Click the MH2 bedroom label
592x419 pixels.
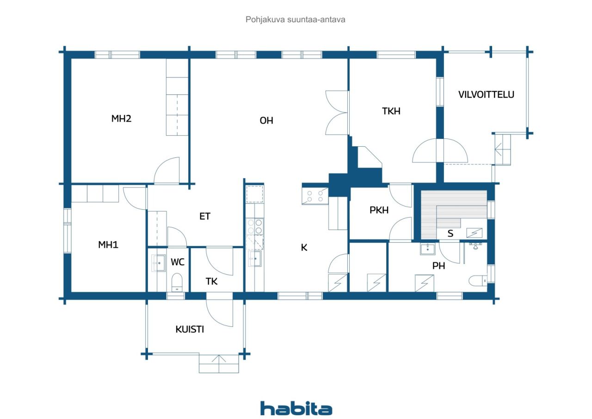[121, 118]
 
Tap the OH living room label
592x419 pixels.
[266, 121]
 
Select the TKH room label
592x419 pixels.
[391, 111]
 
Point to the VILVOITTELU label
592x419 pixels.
[486, 94]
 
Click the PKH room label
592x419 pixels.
[379, 210]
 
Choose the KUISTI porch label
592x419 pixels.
[190, 329]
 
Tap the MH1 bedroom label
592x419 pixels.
[108, 244]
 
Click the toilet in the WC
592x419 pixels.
[177, 282]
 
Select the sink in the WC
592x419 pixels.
[158, 263]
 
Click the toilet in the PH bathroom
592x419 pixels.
[478, 281]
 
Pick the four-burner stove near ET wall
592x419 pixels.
[255, 226]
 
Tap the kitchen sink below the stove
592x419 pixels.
[255, 258]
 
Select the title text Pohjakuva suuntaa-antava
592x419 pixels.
[295, 19]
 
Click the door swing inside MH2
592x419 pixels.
[166, 170]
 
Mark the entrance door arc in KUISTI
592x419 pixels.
[219, 313]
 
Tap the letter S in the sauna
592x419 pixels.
[450, 233]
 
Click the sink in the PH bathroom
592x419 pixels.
[427, 249]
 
